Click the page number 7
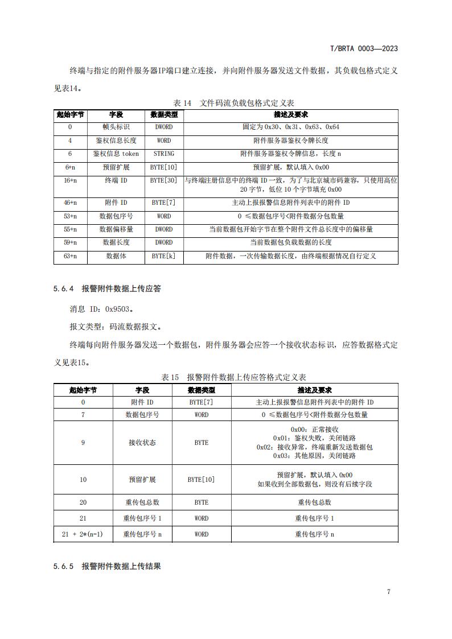388,592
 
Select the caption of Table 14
233,103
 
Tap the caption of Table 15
233,377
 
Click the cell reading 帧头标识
116,127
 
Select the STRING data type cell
164,154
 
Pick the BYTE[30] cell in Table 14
164,180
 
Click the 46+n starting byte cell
70,202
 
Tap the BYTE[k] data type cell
164,256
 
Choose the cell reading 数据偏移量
116,229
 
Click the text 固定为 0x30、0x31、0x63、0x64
291,127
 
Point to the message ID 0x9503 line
101,310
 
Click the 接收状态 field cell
142,442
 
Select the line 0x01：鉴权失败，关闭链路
314,438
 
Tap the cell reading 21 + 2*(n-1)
83,534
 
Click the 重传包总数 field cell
142,502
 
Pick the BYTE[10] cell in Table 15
201,480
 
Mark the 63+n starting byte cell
70,256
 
